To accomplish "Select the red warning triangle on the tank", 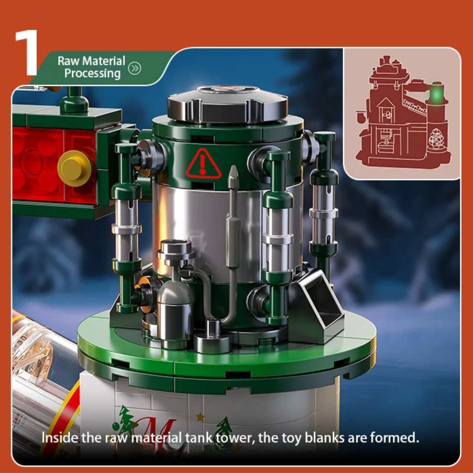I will pos(203,164).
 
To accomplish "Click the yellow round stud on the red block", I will pos(74,168).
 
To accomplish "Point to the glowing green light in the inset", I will pos(435,93).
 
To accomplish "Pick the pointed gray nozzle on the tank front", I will pos(233,175).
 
